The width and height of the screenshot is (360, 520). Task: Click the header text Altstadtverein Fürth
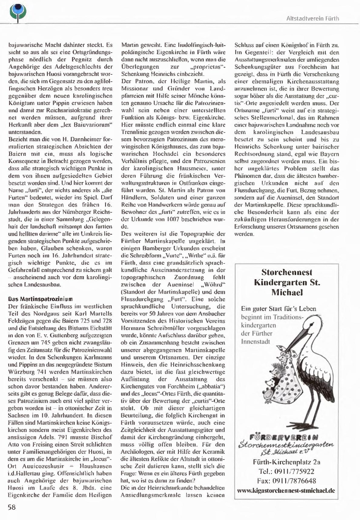313,19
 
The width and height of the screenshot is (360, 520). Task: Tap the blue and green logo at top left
18,11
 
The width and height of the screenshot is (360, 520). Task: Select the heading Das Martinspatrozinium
40,299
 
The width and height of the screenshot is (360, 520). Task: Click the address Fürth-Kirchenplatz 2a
286,462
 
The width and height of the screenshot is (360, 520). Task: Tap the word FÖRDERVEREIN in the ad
284,437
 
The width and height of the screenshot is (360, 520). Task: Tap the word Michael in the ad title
287,293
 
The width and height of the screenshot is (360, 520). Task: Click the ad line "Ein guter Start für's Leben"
279,309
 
